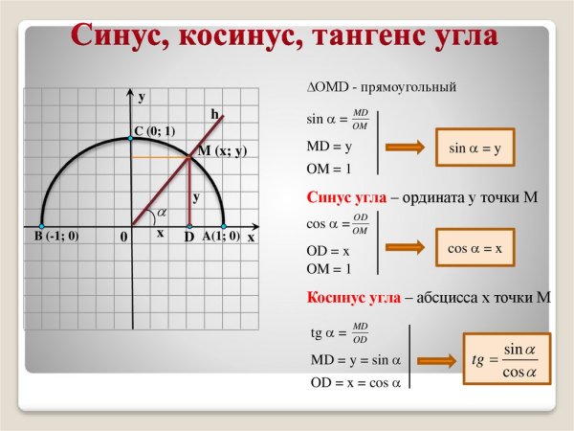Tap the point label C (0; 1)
[x=154, y=131]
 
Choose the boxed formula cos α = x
[x=475, y=248]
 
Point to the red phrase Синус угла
[x=346, y=197]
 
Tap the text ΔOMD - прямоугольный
[x=381, y=86]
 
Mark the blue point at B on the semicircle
[x=41, y=226]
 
